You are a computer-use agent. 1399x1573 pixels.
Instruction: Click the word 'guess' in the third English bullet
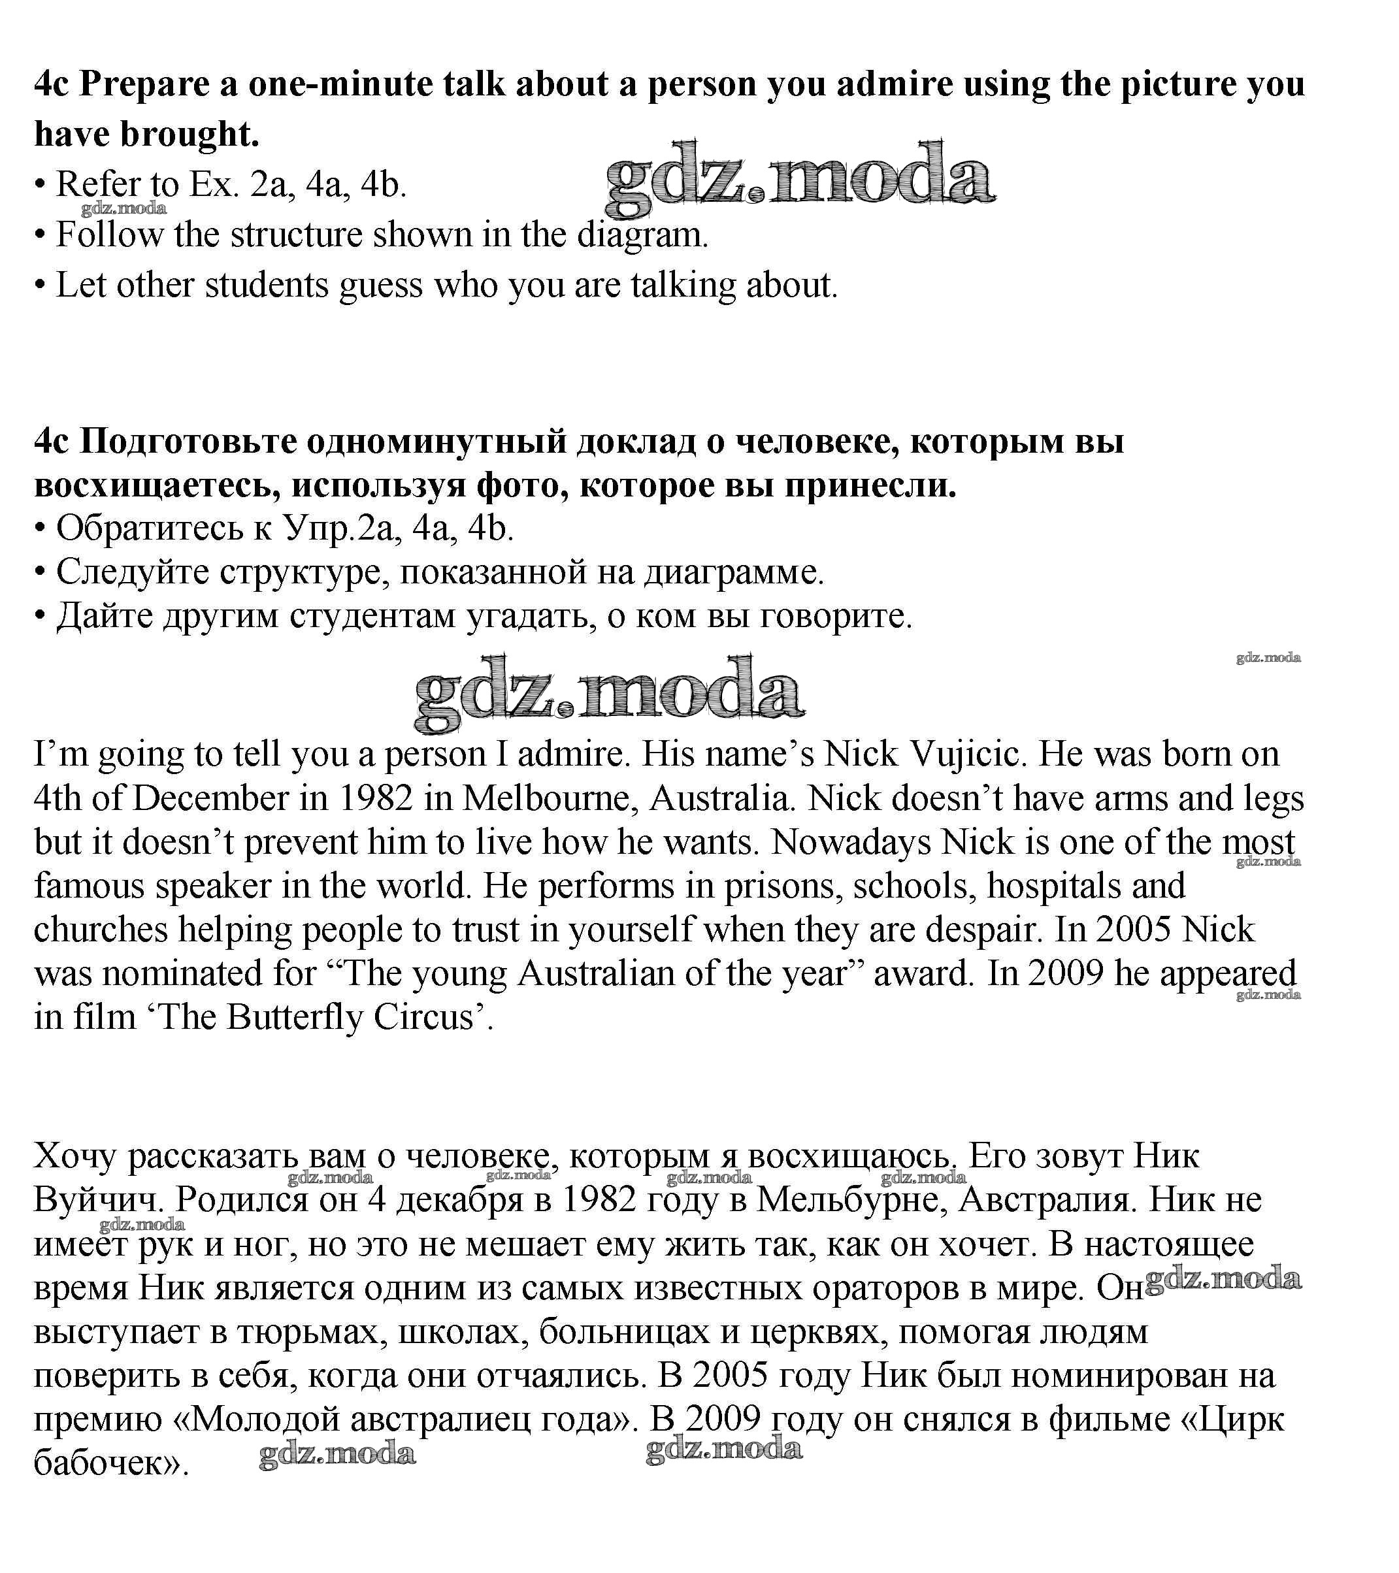tap(380, 285)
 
